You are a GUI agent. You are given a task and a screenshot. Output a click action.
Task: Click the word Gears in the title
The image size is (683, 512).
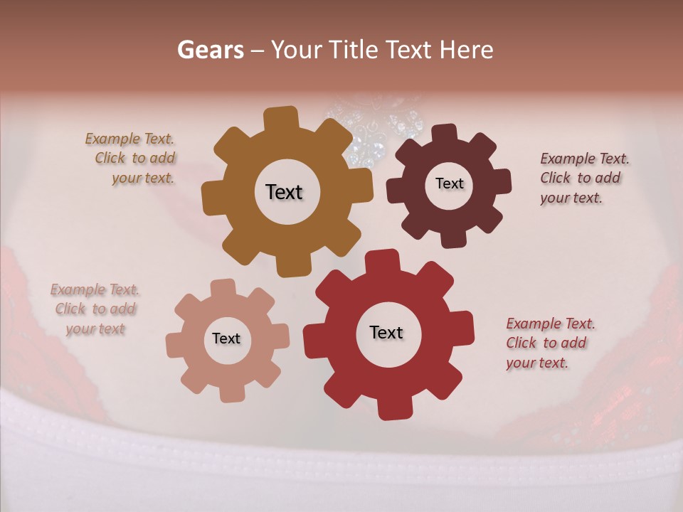pyautogui.click(x=210, y=50)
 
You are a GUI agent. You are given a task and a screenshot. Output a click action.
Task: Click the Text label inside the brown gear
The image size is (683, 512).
pyautogui.click(x=284, y=192)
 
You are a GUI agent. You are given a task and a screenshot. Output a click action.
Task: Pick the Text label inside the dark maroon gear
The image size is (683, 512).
pyautogui.click(x=449, y=183)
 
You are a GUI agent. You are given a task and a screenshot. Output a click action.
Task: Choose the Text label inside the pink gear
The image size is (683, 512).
pyautogui.click(x=226, y=338)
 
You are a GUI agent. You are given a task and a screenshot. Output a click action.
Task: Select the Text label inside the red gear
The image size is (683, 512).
pyautogui.click(x=386, y=332)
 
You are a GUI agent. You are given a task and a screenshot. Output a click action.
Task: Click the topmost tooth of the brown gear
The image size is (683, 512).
pyautogui.click(x=282, y=118)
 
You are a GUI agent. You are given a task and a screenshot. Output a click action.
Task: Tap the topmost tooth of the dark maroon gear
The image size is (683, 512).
pyautogui.click(x=445, y=133)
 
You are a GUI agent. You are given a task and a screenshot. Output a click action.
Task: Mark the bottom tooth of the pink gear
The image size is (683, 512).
pyautogui.click(x=231, y=392)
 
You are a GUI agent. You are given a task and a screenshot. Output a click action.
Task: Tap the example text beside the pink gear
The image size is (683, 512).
pyautogui.click(x=95, y=309)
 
